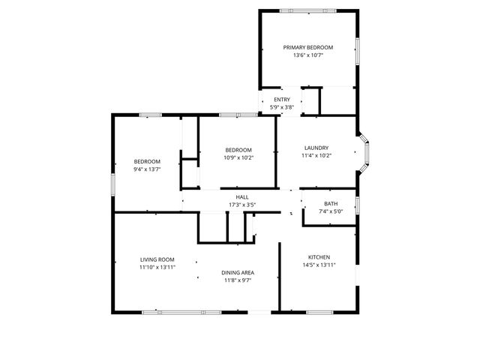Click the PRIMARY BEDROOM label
[x=307, y=47]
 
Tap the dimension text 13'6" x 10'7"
[x=307, y=55]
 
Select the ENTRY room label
[x=282, y=100]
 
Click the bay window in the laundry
[x=365, y=153]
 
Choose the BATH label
[x=330, y=204]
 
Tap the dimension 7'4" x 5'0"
[x=330, y=212]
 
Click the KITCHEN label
[x=319, y=256]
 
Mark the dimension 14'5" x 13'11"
[x=319, y=265]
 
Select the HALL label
[x=242, y=197]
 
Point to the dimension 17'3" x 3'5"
[x=242, y=205]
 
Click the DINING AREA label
[x=237, y=272]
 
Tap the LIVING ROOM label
[x=157, y=259]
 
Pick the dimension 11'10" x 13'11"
[x=157, y=268]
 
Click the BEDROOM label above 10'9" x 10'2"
[x=238, y=149]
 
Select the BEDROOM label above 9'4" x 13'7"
[x=147, y=161]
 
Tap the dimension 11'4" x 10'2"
[x=316, y=156]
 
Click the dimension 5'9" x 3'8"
[x=282, y=107]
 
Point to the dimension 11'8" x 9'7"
[x=237, y=280]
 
